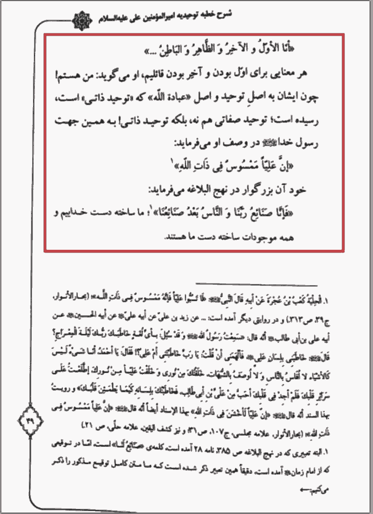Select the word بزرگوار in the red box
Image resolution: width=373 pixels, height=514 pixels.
click(257, 190)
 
